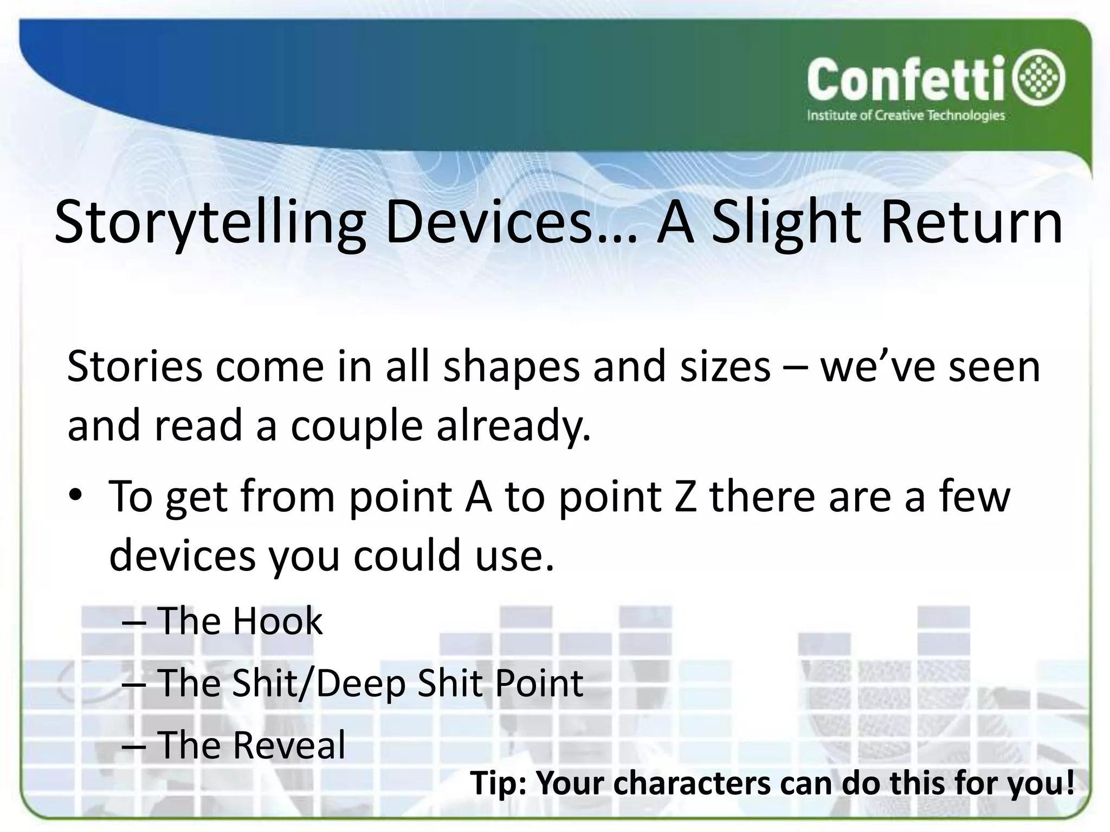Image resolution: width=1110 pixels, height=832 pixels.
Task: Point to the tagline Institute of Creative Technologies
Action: click(906, 115)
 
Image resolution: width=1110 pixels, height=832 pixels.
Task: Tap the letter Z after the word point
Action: click(686, 496)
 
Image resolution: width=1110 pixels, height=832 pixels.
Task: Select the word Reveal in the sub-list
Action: click(289, 745)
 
